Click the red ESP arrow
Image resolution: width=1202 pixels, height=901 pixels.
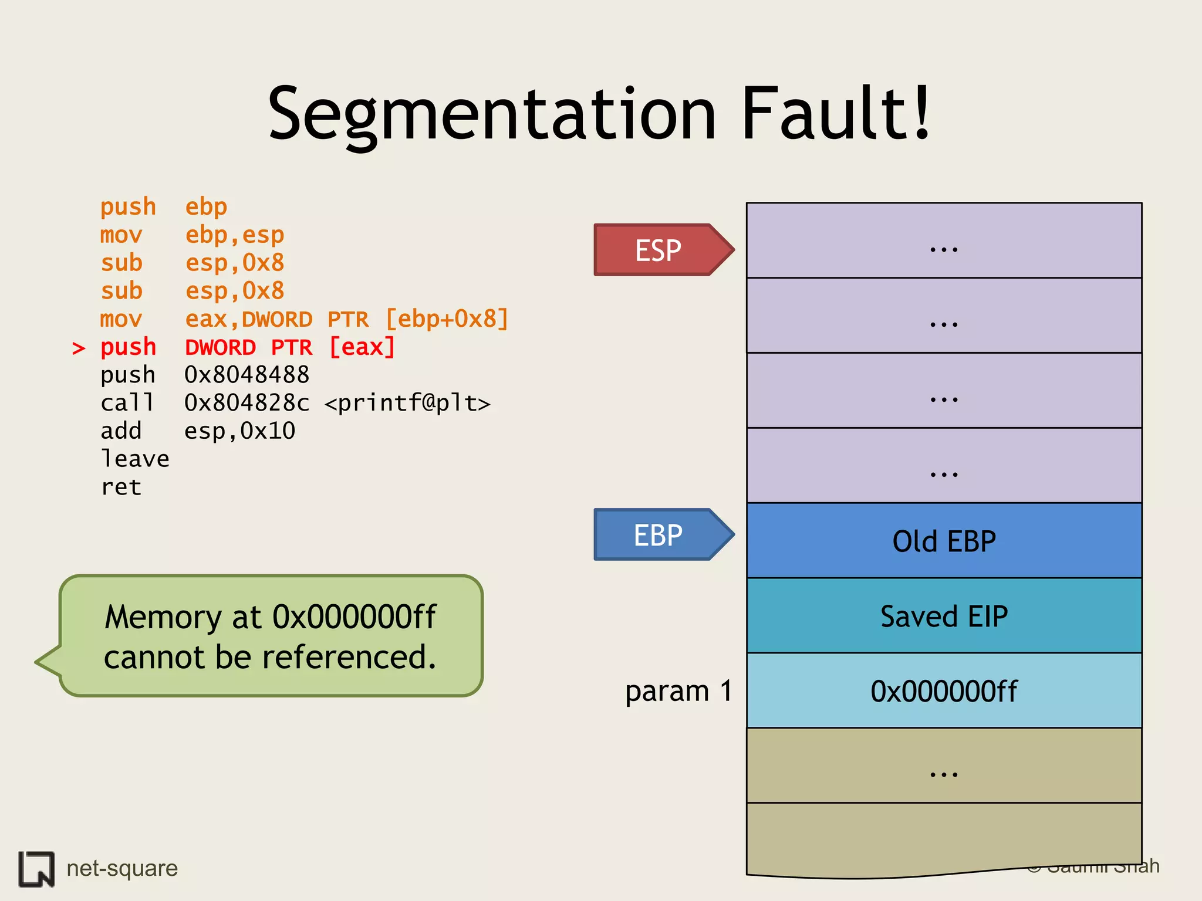(x=660, y=250)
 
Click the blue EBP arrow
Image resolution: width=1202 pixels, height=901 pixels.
(x=660, y=534)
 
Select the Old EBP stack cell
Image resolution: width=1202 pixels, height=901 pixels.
(x=944, y=541)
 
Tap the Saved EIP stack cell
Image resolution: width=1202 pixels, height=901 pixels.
(x=944, y=616)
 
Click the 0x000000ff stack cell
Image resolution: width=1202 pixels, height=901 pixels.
(x=944, y=691)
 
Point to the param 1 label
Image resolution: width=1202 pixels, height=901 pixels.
(x=678, y=690)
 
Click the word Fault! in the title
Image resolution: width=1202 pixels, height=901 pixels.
(x=836, y=114)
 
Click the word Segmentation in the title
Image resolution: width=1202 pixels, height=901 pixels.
(x=492, y=114)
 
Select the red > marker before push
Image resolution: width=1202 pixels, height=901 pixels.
(x=78, y=348)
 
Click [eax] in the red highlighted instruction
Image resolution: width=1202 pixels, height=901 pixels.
(x=362, y=347)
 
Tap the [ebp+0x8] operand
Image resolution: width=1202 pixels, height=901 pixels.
(x=447, y=319)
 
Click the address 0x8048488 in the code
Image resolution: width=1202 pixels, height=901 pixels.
(x=247, y=375)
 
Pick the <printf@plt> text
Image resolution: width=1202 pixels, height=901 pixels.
(x=407, y=403)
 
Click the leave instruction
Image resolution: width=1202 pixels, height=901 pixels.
(x=135, y=459)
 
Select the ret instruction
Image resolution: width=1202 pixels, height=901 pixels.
(x=121, y=487)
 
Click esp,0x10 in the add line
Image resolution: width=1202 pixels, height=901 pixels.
(x=239, y=431)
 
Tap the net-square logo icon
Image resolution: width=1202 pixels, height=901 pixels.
(x=36, y=868)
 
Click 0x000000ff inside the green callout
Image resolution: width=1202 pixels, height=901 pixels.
(x=354, y=617)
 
